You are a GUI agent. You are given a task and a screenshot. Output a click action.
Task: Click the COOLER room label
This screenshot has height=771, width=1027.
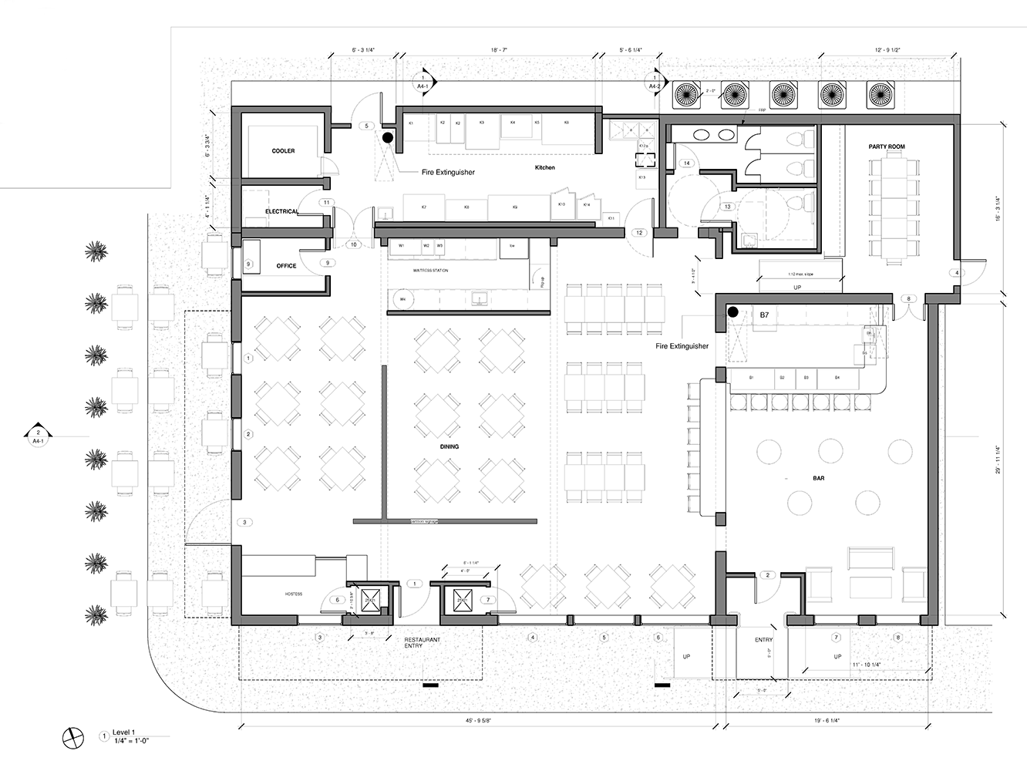pyautogui.click(x=283, y=151)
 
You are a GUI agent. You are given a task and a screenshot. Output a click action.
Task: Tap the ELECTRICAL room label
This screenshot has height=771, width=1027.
pyautogui.click(x=281, y=211)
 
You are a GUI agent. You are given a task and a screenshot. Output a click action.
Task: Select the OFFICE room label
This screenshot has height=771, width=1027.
pyautogui.click(x=286, y=266)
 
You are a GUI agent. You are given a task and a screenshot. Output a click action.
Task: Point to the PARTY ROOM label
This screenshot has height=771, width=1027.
pyautogui.click(x=887, y=146)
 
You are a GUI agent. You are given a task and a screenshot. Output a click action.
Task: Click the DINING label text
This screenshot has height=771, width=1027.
pyautogui.click(x=450, y=446)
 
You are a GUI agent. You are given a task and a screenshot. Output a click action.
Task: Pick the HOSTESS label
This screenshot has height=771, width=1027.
pyautogui.click(x=293, y=594)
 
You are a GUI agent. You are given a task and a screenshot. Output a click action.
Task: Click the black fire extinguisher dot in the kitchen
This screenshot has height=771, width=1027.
pyautogui.click(x=388, y=137)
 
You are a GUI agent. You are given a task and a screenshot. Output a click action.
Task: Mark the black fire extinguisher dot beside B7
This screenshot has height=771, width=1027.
pyautogui.click(x=733, y=312)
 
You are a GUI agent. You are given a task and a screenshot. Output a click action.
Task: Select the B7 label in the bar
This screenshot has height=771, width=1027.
pyautogui.click(x=764, y=315)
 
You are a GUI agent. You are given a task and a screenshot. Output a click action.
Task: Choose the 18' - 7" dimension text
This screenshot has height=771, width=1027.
pyautogui.click(x=499, y=50)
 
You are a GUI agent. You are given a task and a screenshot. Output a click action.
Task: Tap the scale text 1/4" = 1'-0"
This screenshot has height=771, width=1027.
pyautogui.click(x=131, y=740)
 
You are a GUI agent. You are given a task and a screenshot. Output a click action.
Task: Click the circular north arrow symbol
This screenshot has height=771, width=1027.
pyautogui.click(x=73, y=737)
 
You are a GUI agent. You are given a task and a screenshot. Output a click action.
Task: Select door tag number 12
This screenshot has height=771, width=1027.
pyautogui.click(x=639, y=233)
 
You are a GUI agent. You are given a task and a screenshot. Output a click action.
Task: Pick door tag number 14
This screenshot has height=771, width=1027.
pyautogui.click(x=686, y=163)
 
